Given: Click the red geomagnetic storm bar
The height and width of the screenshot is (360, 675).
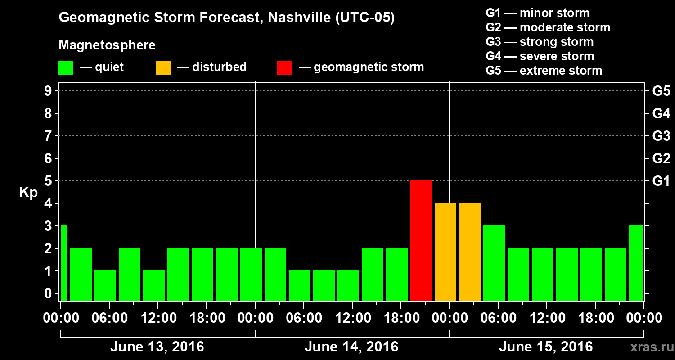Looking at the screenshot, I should click(x=421, y=241).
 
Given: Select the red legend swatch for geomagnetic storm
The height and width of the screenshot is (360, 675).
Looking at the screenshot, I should click(x=284, y=68).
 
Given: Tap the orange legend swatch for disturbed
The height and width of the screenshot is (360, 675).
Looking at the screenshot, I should click(x=163, y=68).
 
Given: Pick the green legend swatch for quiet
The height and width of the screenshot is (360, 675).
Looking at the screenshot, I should click(x=66, y=68).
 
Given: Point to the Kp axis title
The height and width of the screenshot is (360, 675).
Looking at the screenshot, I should click(x=28, y=193).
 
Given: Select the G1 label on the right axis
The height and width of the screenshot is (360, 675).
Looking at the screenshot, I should click(x=661, y=181).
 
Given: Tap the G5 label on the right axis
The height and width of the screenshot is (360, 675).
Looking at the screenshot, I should click(x=661, y=91).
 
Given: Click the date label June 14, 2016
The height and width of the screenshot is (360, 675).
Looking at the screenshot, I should click(x=351, y=347).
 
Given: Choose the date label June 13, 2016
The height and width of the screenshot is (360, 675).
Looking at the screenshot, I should click(x=157, y=347).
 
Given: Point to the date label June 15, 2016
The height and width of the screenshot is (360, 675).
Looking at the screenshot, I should click(x=546, y=347).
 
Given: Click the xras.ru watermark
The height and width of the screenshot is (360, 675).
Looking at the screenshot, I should click(x=648, y=347).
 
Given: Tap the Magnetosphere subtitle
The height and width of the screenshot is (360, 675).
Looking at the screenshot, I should click(x=107, y=45).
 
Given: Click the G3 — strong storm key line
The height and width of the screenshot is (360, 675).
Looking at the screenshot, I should click(x=540, y=42).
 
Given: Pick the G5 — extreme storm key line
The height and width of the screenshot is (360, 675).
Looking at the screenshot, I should click(x=544, y=71).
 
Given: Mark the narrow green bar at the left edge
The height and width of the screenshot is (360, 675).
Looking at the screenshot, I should click(x=64, y=263).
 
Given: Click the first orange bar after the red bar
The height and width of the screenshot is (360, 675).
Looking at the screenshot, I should click(x=445, y=252).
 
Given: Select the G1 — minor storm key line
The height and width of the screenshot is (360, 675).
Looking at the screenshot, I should click(x=537, y=13).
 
